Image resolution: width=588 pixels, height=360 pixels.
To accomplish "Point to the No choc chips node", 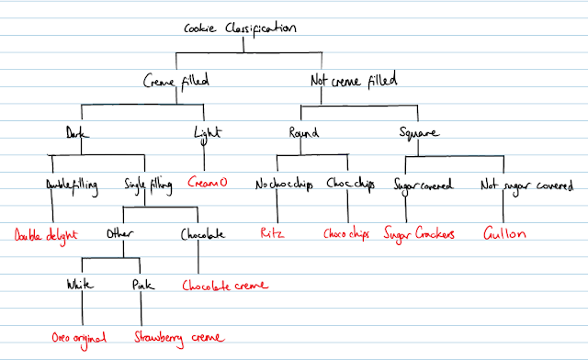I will (x=284, y=184).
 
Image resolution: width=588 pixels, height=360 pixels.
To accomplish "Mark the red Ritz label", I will (x=272, y=234).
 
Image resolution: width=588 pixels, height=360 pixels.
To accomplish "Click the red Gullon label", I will (x=504, y=234).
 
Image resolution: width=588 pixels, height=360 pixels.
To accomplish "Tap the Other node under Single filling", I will (x=120, y=234).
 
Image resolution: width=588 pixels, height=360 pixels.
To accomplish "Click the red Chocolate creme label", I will (x=226, y=285).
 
